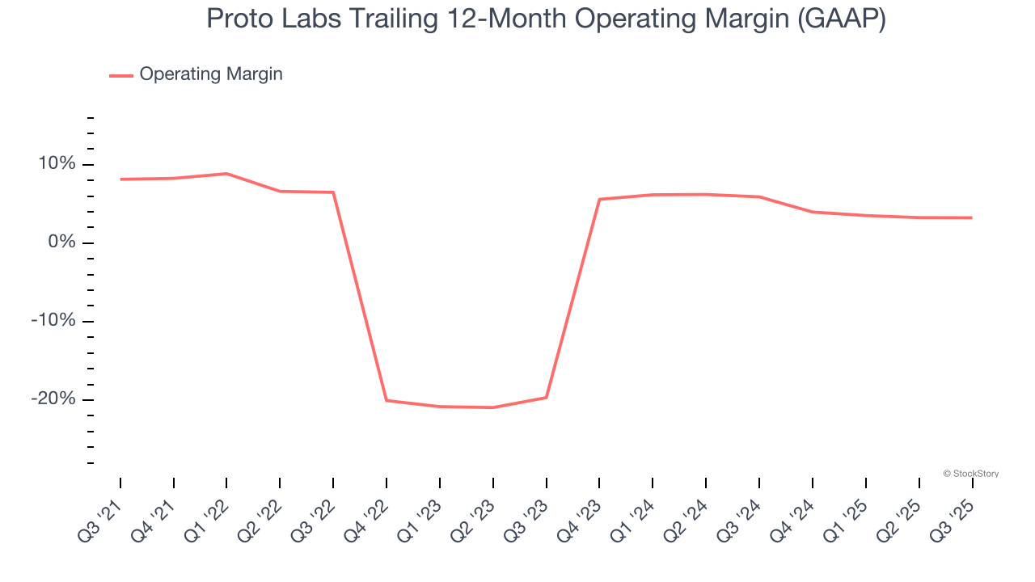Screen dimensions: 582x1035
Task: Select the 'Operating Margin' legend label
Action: point(211,74)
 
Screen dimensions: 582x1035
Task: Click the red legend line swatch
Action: point(121,75)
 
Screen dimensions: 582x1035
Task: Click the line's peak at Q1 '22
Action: point(226,174)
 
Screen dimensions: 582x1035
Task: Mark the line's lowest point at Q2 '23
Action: point(492,407)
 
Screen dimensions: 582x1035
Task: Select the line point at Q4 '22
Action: point(387,400)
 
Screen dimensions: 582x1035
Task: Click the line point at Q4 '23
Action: point(599,199)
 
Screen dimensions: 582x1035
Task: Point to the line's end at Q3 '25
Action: point(971,217)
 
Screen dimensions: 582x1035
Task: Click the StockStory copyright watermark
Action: point(971,474)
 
